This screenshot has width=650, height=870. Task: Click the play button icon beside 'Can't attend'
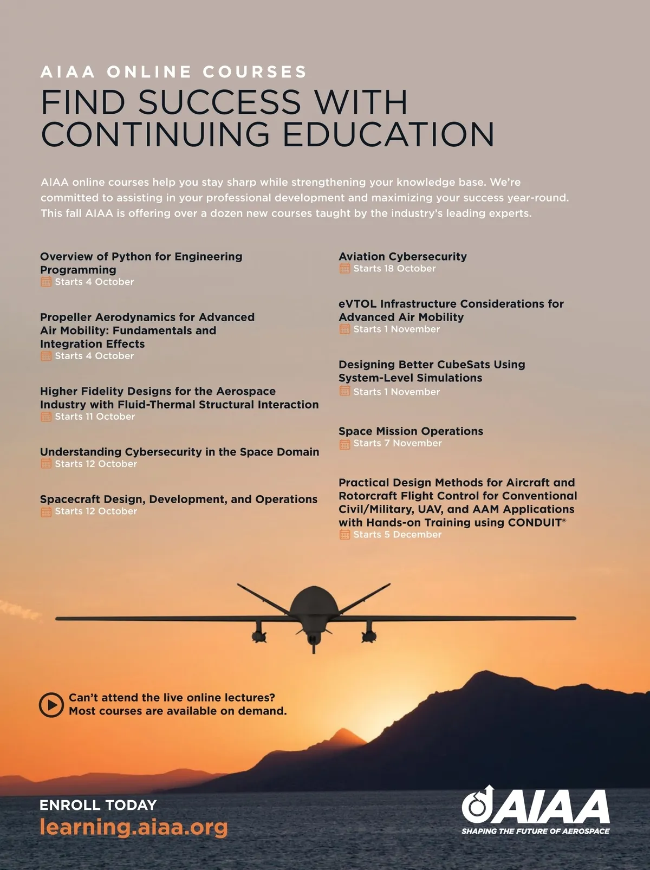pyautogui.click(x=51, y=704)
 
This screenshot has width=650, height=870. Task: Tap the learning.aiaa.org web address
pyautogui.click(x=134, y=827)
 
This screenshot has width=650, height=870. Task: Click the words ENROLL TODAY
pyautogui.click(x=98, y=805)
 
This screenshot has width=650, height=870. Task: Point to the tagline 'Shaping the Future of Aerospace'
pyautogui.click(x=535, y=831)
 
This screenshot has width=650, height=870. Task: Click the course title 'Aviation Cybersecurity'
pyautogui.click(x=402, y=256)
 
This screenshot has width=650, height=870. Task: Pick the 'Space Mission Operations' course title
pyautogui.click(x=411, y=431)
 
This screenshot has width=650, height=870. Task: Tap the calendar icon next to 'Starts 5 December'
pyautogui.click(x=344, y=535)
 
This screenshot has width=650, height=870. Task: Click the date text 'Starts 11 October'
pyautogui.click(x=95, y=417)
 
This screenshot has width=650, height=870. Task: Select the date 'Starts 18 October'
pyautogui.click(x=394, y=269)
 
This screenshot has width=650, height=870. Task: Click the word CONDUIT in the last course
pyautogui.click(x=535, y=523)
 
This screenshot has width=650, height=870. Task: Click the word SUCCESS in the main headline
pyautogui.click(x=219, y=102)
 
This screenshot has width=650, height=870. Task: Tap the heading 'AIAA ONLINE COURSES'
pyautogui.click(x=173, y=72)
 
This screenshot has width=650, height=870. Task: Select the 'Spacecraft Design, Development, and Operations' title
pyautogui.click(x=179, y=499)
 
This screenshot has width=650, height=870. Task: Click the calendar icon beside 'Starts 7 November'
pyautogui.click(x=344, y=444)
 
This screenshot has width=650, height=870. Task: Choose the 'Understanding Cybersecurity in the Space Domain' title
pyautogui.click(x=179, y=452)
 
